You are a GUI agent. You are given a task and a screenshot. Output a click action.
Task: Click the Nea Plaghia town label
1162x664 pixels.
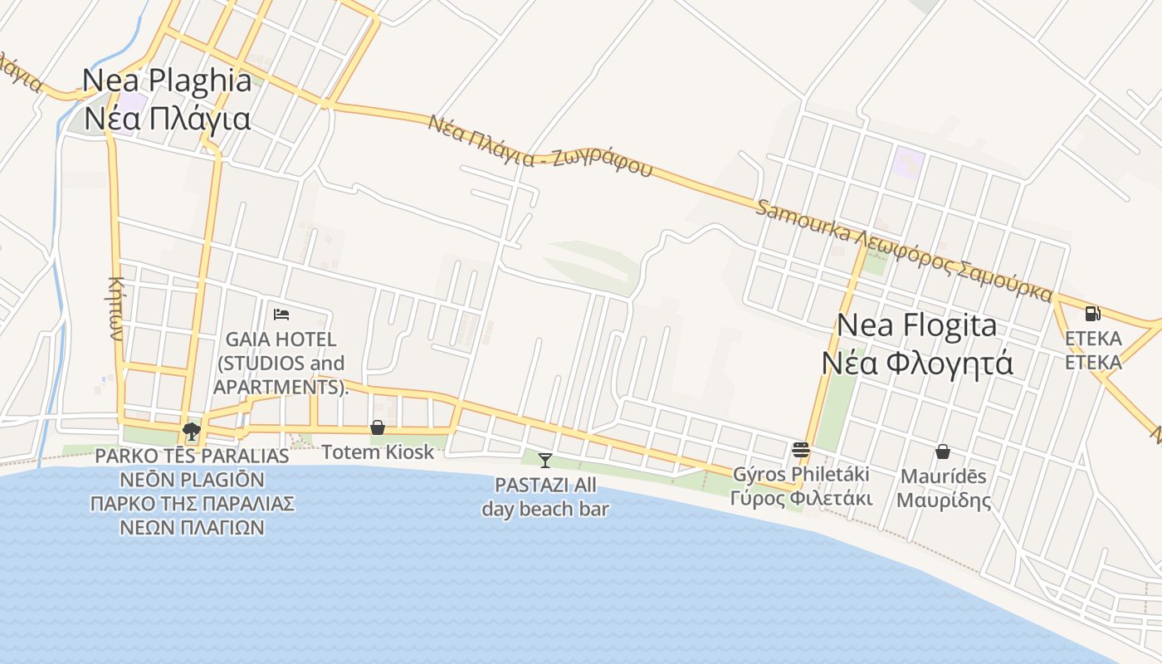167,81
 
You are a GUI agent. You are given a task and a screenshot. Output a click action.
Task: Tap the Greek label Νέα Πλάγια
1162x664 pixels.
167,119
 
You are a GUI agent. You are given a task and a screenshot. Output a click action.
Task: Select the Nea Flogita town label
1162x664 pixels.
916,325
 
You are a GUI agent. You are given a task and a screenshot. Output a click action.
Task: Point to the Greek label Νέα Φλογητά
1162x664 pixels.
917,363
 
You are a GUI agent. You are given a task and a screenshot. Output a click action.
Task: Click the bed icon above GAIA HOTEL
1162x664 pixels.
281,315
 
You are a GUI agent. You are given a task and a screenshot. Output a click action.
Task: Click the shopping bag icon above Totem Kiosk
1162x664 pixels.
378,427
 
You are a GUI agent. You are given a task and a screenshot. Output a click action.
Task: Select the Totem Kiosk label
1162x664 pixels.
378,452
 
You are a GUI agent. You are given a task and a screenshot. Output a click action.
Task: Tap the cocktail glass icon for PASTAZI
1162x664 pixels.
544,461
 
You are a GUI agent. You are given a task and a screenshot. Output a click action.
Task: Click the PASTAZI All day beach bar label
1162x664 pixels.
545,497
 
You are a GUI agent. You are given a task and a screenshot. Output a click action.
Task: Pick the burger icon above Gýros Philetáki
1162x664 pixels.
801,450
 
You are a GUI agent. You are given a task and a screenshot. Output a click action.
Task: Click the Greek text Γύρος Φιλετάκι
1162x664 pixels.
801,499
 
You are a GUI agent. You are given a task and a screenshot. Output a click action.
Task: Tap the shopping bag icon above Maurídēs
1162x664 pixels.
943,452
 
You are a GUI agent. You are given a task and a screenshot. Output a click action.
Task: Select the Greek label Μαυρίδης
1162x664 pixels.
944,500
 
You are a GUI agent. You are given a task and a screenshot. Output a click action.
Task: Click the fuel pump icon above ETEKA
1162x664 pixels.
1092,314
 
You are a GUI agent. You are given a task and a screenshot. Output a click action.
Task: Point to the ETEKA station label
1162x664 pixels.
1093,339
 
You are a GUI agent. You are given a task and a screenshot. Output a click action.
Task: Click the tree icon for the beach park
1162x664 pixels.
192,431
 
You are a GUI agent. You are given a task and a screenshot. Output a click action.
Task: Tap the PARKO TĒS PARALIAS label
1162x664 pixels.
192,456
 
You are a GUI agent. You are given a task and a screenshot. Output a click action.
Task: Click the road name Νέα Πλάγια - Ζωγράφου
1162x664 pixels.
539,146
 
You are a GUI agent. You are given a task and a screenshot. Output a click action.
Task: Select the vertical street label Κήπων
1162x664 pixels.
115,308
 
